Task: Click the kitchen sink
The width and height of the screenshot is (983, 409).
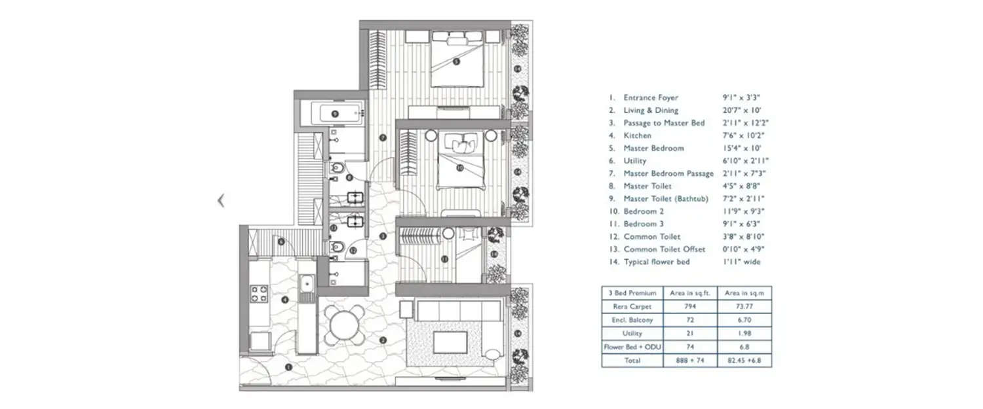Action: [306, 284]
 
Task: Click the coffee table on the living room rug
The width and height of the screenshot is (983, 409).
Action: [450, 342]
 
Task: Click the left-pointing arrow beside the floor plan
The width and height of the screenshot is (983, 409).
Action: [221, 201]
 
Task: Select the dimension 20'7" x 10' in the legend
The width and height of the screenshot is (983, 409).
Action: [738, 111]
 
